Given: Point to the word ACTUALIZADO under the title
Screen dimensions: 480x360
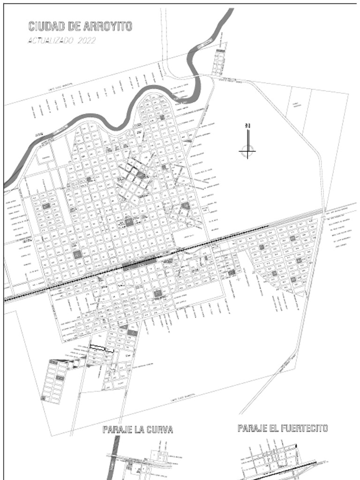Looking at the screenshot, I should click(x=50, y=40).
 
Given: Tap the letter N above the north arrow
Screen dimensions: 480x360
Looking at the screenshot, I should click(x=247, y=125).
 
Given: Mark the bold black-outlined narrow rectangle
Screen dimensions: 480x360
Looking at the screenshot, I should click(x=102, y=348).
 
